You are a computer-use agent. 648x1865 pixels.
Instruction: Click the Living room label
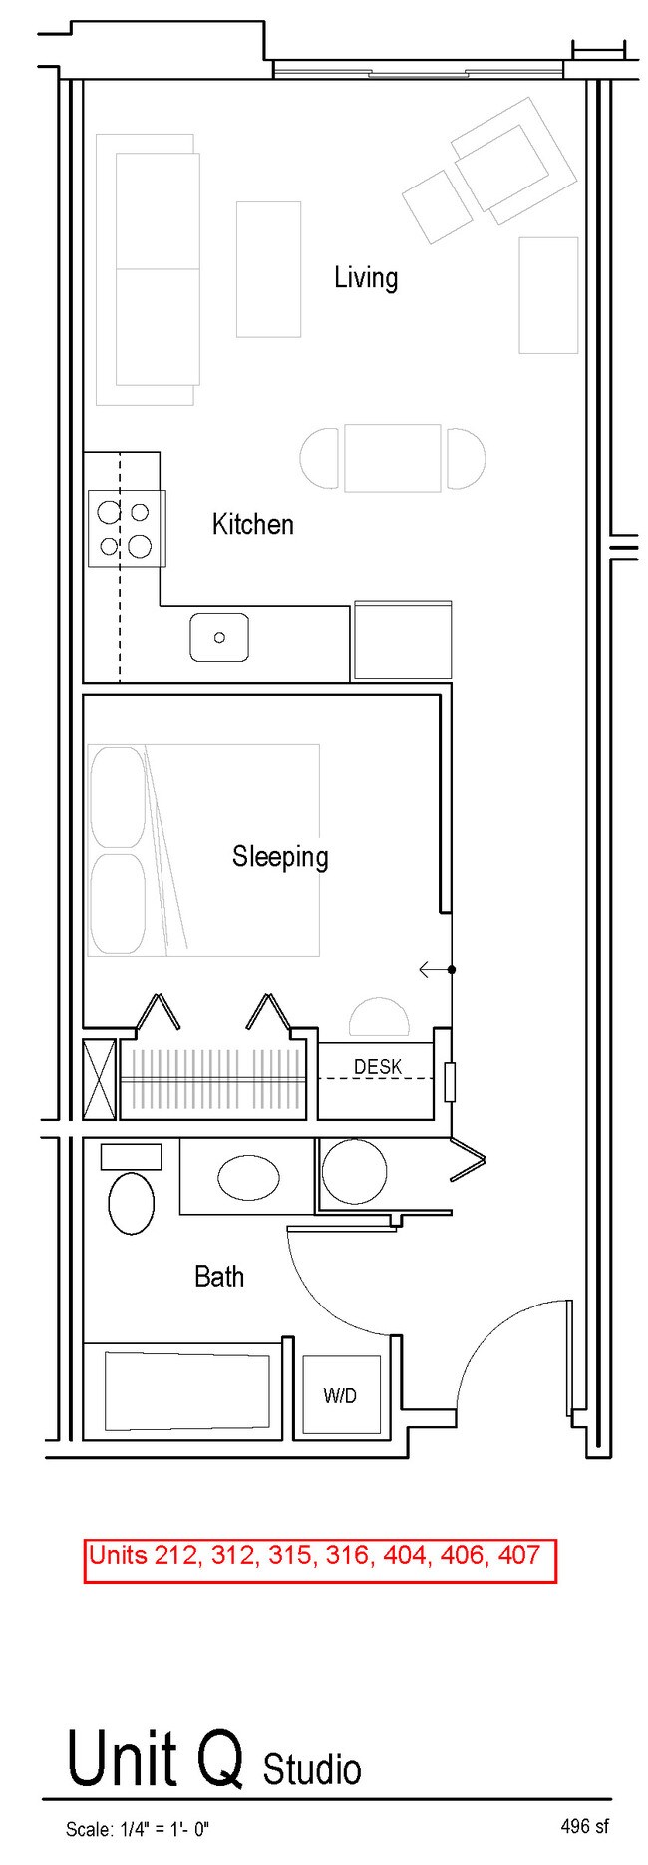point(366,277)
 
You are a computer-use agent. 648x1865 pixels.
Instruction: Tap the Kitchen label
point(253,524)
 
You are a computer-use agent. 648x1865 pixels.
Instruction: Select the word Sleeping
point(280,857)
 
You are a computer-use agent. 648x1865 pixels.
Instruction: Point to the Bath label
point(219,1276)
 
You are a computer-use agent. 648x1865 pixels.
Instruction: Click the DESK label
point(378,1067)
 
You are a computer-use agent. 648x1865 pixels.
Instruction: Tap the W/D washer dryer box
point(341,1395)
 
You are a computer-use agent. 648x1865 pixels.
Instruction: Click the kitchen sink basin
point(219,637)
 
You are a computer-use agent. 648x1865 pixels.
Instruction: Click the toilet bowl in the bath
point(131,1203)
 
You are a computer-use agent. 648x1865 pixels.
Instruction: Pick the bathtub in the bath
point(187,1391)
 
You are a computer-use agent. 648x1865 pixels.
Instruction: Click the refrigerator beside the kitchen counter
point(402,640)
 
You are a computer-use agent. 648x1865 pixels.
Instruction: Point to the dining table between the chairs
point(393,458)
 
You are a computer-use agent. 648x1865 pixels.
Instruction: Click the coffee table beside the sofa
point(268,269)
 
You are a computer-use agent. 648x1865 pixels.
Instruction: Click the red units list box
point(320,1561)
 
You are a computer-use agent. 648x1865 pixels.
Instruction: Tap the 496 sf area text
point(584,1826)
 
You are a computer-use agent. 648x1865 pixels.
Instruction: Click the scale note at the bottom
point(138,1829)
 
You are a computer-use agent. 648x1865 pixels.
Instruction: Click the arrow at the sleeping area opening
point(436,969)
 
